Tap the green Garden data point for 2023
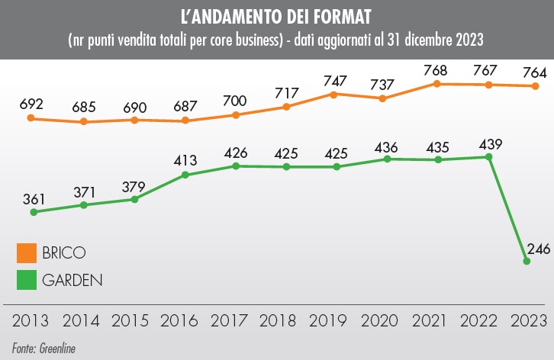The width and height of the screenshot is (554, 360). pyautogui.click(x=527, y=262)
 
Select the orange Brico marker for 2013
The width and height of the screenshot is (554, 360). pyautogui.click(x=31, y=118)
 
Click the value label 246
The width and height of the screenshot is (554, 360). pyautogui.click(x=538, y=249)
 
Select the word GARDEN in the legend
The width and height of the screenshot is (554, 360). pyautogui.click(x=72, y=279)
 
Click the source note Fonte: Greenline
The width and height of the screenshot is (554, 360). pyautogui.click(x=43, y=348)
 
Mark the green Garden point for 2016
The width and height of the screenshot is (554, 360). pyautogui.click(x=185, y=175)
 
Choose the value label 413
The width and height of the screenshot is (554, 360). pyautogui.click(x=185, y=161)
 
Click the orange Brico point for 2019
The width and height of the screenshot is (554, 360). pyautogui.click(x=334, y=94)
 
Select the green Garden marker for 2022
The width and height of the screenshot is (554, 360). pyautogui.click(x=488, y=157)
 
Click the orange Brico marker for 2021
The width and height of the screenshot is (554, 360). pyautogui.click(x=437, y=83)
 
